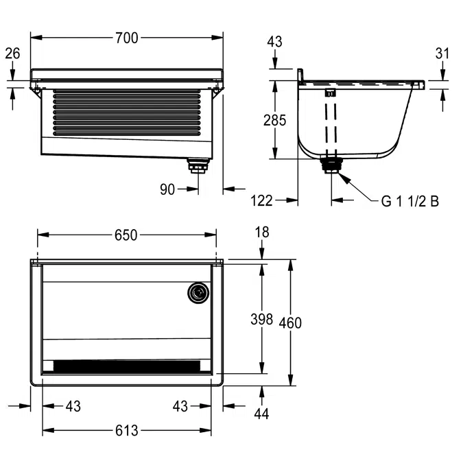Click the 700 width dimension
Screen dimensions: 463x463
coord(126,38)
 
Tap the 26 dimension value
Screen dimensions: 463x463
coord(12,53)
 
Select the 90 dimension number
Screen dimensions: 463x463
coord(167,189)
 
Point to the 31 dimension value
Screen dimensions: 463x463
coord(442,53)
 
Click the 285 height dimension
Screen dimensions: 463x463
coord(275,121)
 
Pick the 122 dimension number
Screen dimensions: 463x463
coord(262,200)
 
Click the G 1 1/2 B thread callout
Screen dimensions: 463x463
coord(410,201)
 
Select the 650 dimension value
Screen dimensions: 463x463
coord(126,235)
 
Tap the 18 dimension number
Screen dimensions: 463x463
coord(261,233)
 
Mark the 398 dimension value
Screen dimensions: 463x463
coord(261,319)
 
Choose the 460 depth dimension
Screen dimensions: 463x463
coord(292,322)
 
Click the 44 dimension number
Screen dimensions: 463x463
coord(261,413)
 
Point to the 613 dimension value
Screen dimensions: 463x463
coord(126,431)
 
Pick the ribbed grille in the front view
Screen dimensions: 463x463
coord(127,111)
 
